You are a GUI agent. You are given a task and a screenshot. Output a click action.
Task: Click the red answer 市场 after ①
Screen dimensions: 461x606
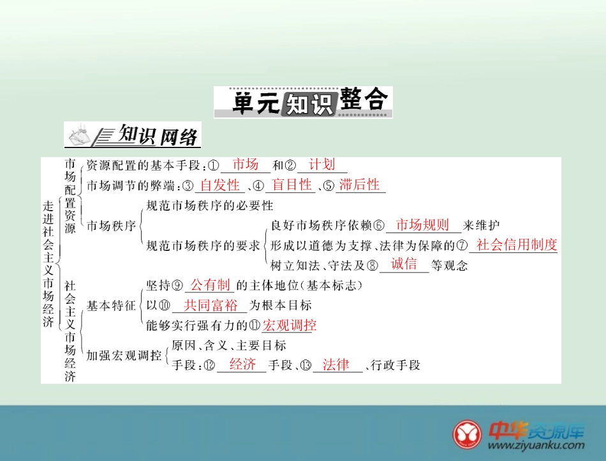tap(245, 164)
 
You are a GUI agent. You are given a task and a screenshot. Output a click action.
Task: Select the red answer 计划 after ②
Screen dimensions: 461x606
tap(321, 164)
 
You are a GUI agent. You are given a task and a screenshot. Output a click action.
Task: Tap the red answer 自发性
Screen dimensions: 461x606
tap(219, 185)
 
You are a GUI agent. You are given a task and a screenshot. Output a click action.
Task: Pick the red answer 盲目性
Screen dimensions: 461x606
tap(292, 185)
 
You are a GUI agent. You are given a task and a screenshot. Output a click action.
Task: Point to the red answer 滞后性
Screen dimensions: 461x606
tap(360, 185)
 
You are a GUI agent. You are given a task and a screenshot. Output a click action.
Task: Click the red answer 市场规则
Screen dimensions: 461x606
tap(422, 225)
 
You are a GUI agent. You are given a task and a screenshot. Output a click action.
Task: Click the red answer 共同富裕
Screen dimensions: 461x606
tap(211, 305)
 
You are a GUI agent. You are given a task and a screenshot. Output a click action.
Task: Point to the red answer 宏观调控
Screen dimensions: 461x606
tap(290, 326)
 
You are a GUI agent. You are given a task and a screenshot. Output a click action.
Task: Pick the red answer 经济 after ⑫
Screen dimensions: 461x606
tap(242, 365)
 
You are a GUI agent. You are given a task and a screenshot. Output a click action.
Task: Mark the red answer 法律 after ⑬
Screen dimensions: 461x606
tap(336, 365)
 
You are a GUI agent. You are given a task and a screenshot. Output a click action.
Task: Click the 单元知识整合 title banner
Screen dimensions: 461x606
tap(302, 102)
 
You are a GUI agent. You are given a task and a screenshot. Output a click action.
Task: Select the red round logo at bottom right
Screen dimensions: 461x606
tap(467, 434)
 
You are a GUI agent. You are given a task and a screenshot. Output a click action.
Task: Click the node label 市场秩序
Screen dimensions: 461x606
tap(111, 225)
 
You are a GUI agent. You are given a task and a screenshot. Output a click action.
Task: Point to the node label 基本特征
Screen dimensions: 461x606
tap(111, 305)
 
